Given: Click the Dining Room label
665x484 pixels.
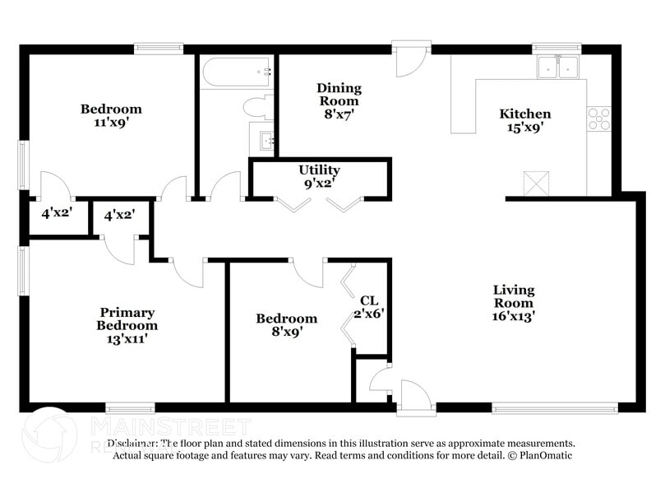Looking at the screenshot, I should (x=339, y=95).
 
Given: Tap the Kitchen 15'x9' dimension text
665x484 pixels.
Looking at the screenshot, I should (x=525, y=128).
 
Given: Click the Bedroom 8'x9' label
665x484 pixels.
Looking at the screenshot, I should (x=286, y=325).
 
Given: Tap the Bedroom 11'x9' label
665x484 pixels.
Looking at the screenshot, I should (x=110, y=115).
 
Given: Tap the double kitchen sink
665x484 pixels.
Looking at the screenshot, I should (x=559, y=67).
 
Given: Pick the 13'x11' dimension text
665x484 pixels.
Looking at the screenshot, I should (x=127, y=337).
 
